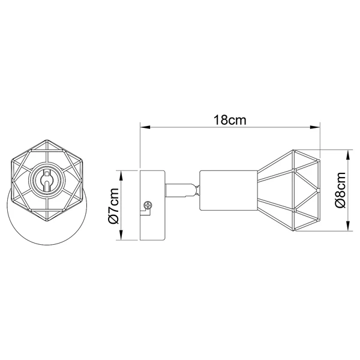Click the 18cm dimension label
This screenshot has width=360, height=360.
[x=230, y=120]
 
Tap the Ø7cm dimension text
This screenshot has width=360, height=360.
[x=114, y=206]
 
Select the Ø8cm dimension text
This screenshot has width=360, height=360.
[x=340, y=190]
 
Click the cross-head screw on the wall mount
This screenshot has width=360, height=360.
[x=148, y=205]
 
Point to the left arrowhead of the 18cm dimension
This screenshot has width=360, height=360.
[x=145, y=127]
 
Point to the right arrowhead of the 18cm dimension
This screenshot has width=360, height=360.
[x=315, y=127]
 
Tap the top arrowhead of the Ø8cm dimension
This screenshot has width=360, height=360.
[x=349, y=155]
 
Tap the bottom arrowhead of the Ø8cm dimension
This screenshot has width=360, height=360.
[x=349, y=226]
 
